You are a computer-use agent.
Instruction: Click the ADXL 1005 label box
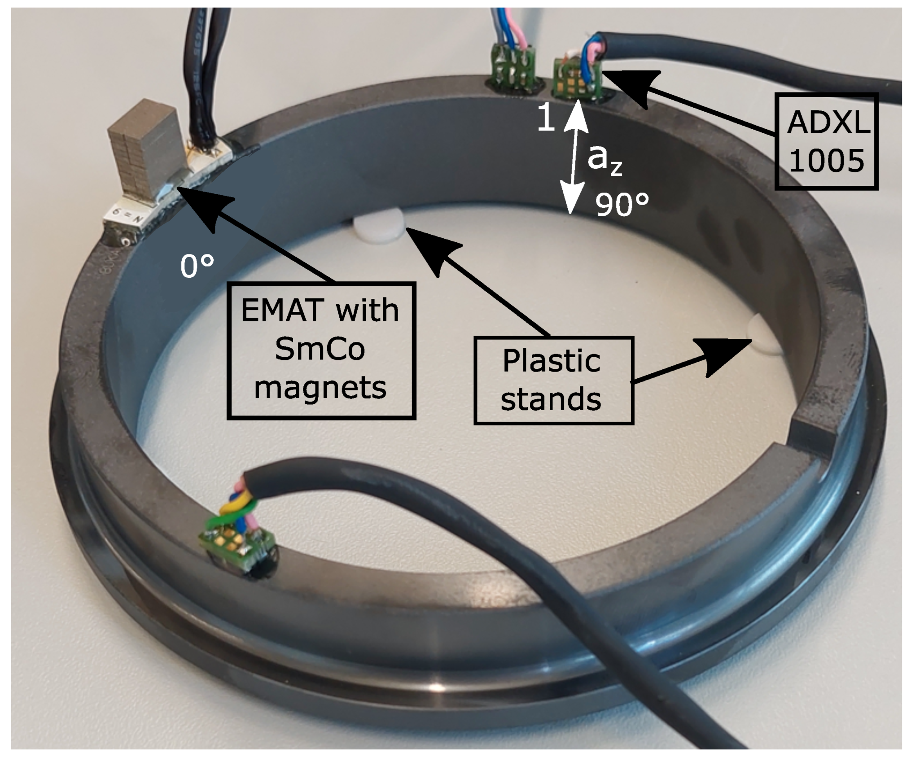coord(826,141)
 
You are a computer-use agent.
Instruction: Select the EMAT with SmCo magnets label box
coord(321,350)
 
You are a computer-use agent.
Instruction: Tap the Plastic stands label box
coord(553,381)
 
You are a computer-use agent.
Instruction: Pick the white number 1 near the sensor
coord(546,118)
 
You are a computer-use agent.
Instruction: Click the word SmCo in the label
coord(320,349)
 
